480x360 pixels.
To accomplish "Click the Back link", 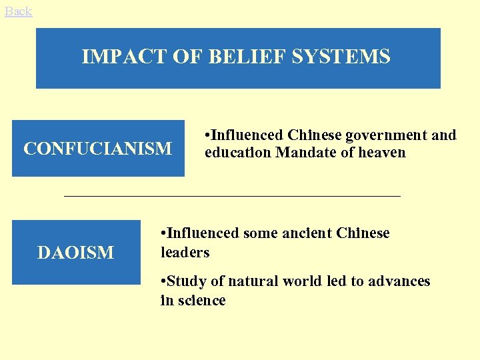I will coord(18,11).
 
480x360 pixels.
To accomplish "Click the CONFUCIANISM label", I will coord(97,148).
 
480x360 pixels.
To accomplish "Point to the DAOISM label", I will coord(75,253).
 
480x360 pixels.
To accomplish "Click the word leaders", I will coord(185,253).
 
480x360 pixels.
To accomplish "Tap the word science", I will coord(200,301).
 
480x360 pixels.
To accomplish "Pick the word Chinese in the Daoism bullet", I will coord(363,233).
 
